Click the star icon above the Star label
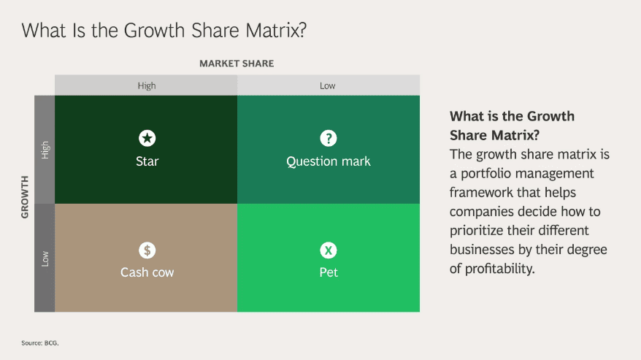[147, 138]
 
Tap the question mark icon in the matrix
[329, 138]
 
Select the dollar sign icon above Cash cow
[147, 250]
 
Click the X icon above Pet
[329, 250]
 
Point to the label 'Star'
[147, 161]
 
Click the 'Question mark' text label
[329, 161]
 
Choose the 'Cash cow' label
[147, 272]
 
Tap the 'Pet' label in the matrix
[329, 272]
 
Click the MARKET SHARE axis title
[237, 64]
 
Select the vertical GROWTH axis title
[25, 197]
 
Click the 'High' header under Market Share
[147, 85]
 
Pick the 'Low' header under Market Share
[328, 85]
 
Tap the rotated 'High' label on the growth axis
[45, 150]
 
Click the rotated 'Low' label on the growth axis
[45, 258]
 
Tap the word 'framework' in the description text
[483, 193]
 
